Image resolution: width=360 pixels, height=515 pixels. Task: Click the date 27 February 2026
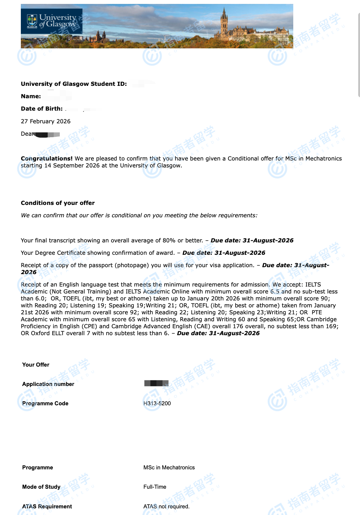tap(46, 121)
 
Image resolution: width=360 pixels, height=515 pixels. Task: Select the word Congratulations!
tap(47, 158)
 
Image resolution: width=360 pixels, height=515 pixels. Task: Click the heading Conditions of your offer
tap(58, 203)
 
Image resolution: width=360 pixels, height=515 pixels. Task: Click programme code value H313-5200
tap(157, 403)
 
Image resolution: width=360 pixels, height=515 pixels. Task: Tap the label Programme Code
tap(45, 403)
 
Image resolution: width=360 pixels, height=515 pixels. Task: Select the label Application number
tap(48, 384)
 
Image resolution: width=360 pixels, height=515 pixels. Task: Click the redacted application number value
tap(156, 383)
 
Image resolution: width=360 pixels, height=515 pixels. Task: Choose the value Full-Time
tap(155, 487)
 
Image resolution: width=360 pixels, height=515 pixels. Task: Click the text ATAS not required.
tap(166, 506)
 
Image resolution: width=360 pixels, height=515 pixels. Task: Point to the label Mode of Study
tap(41, 487)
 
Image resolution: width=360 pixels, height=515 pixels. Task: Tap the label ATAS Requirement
tap(47, 506)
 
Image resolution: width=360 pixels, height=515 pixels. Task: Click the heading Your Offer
tap(36, 364)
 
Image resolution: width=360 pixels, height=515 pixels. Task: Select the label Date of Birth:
tap(42, 109)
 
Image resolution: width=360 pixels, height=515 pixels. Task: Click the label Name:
tap(31, 96)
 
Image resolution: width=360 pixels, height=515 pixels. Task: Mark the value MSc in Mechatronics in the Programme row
tap(169, 467)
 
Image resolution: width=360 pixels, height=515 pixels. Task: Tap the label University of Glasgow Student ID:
tap(74, 84)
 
